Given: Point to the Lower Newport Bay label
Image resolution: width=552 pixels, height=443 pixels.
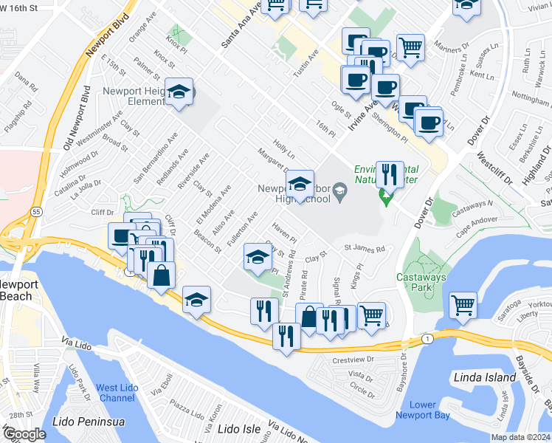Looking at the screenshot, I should coord(422,410).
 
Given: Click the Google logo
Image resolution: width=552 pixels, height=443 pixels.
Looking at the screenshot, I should coord(24,433).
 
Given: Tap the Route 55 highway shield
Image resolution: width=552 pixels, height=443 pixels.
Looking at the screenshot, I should coord(36,210).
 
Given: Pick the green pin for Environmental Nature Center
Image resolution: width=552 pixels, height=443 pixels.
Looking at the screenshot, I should coord(384,197).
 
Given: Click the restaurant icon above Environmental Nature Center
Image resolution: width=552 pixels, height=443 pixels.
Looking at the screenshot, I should coord(389,174).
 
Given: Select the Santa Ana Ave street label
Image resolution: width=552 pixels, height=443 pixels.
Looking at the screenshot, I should coord(242,30).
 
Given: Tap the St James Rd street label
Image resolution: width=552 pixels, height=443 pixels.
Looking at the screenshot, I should coord(365,250).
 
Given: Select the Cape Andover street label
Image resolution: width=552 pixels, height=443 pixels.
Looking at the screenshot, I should coord(477,224).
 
